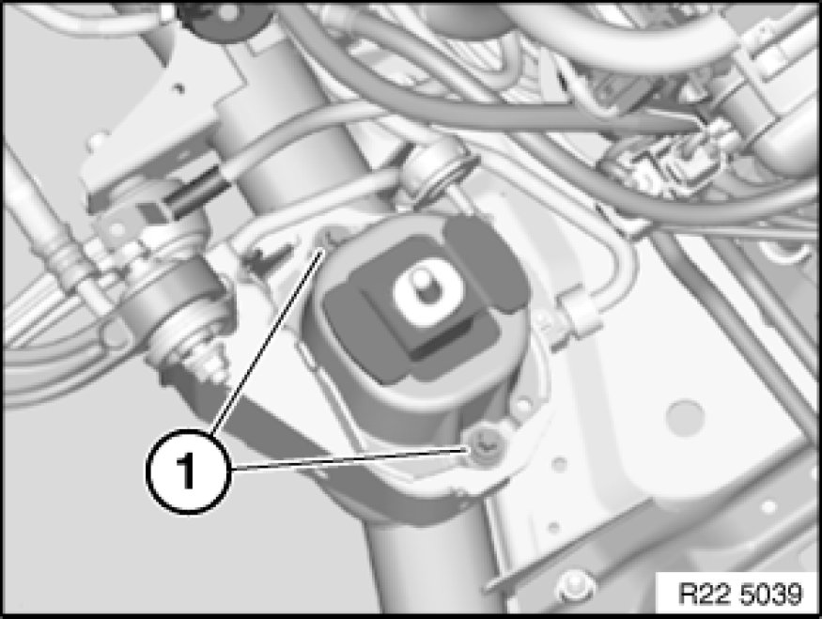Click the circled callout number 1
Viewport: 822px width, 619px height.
point(187,472)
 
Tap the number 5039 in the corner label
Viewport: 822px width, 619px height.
point(773,594)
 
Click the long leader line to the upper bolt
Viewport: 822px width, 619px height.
point(268,342)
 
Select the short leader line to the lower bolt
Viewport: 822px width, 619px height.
point(348,458)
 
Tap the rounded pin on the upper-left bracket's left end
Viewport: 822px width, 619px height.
point(97,142)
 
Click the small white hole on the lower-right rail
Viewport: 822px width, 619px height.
point(769,507)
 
